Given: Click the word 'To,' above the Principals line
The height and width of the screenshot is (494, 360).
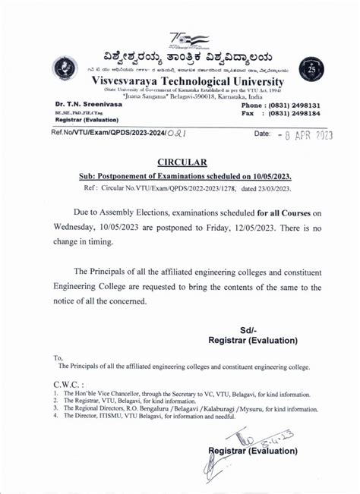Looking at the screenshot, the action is click(x=58, y=357).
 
